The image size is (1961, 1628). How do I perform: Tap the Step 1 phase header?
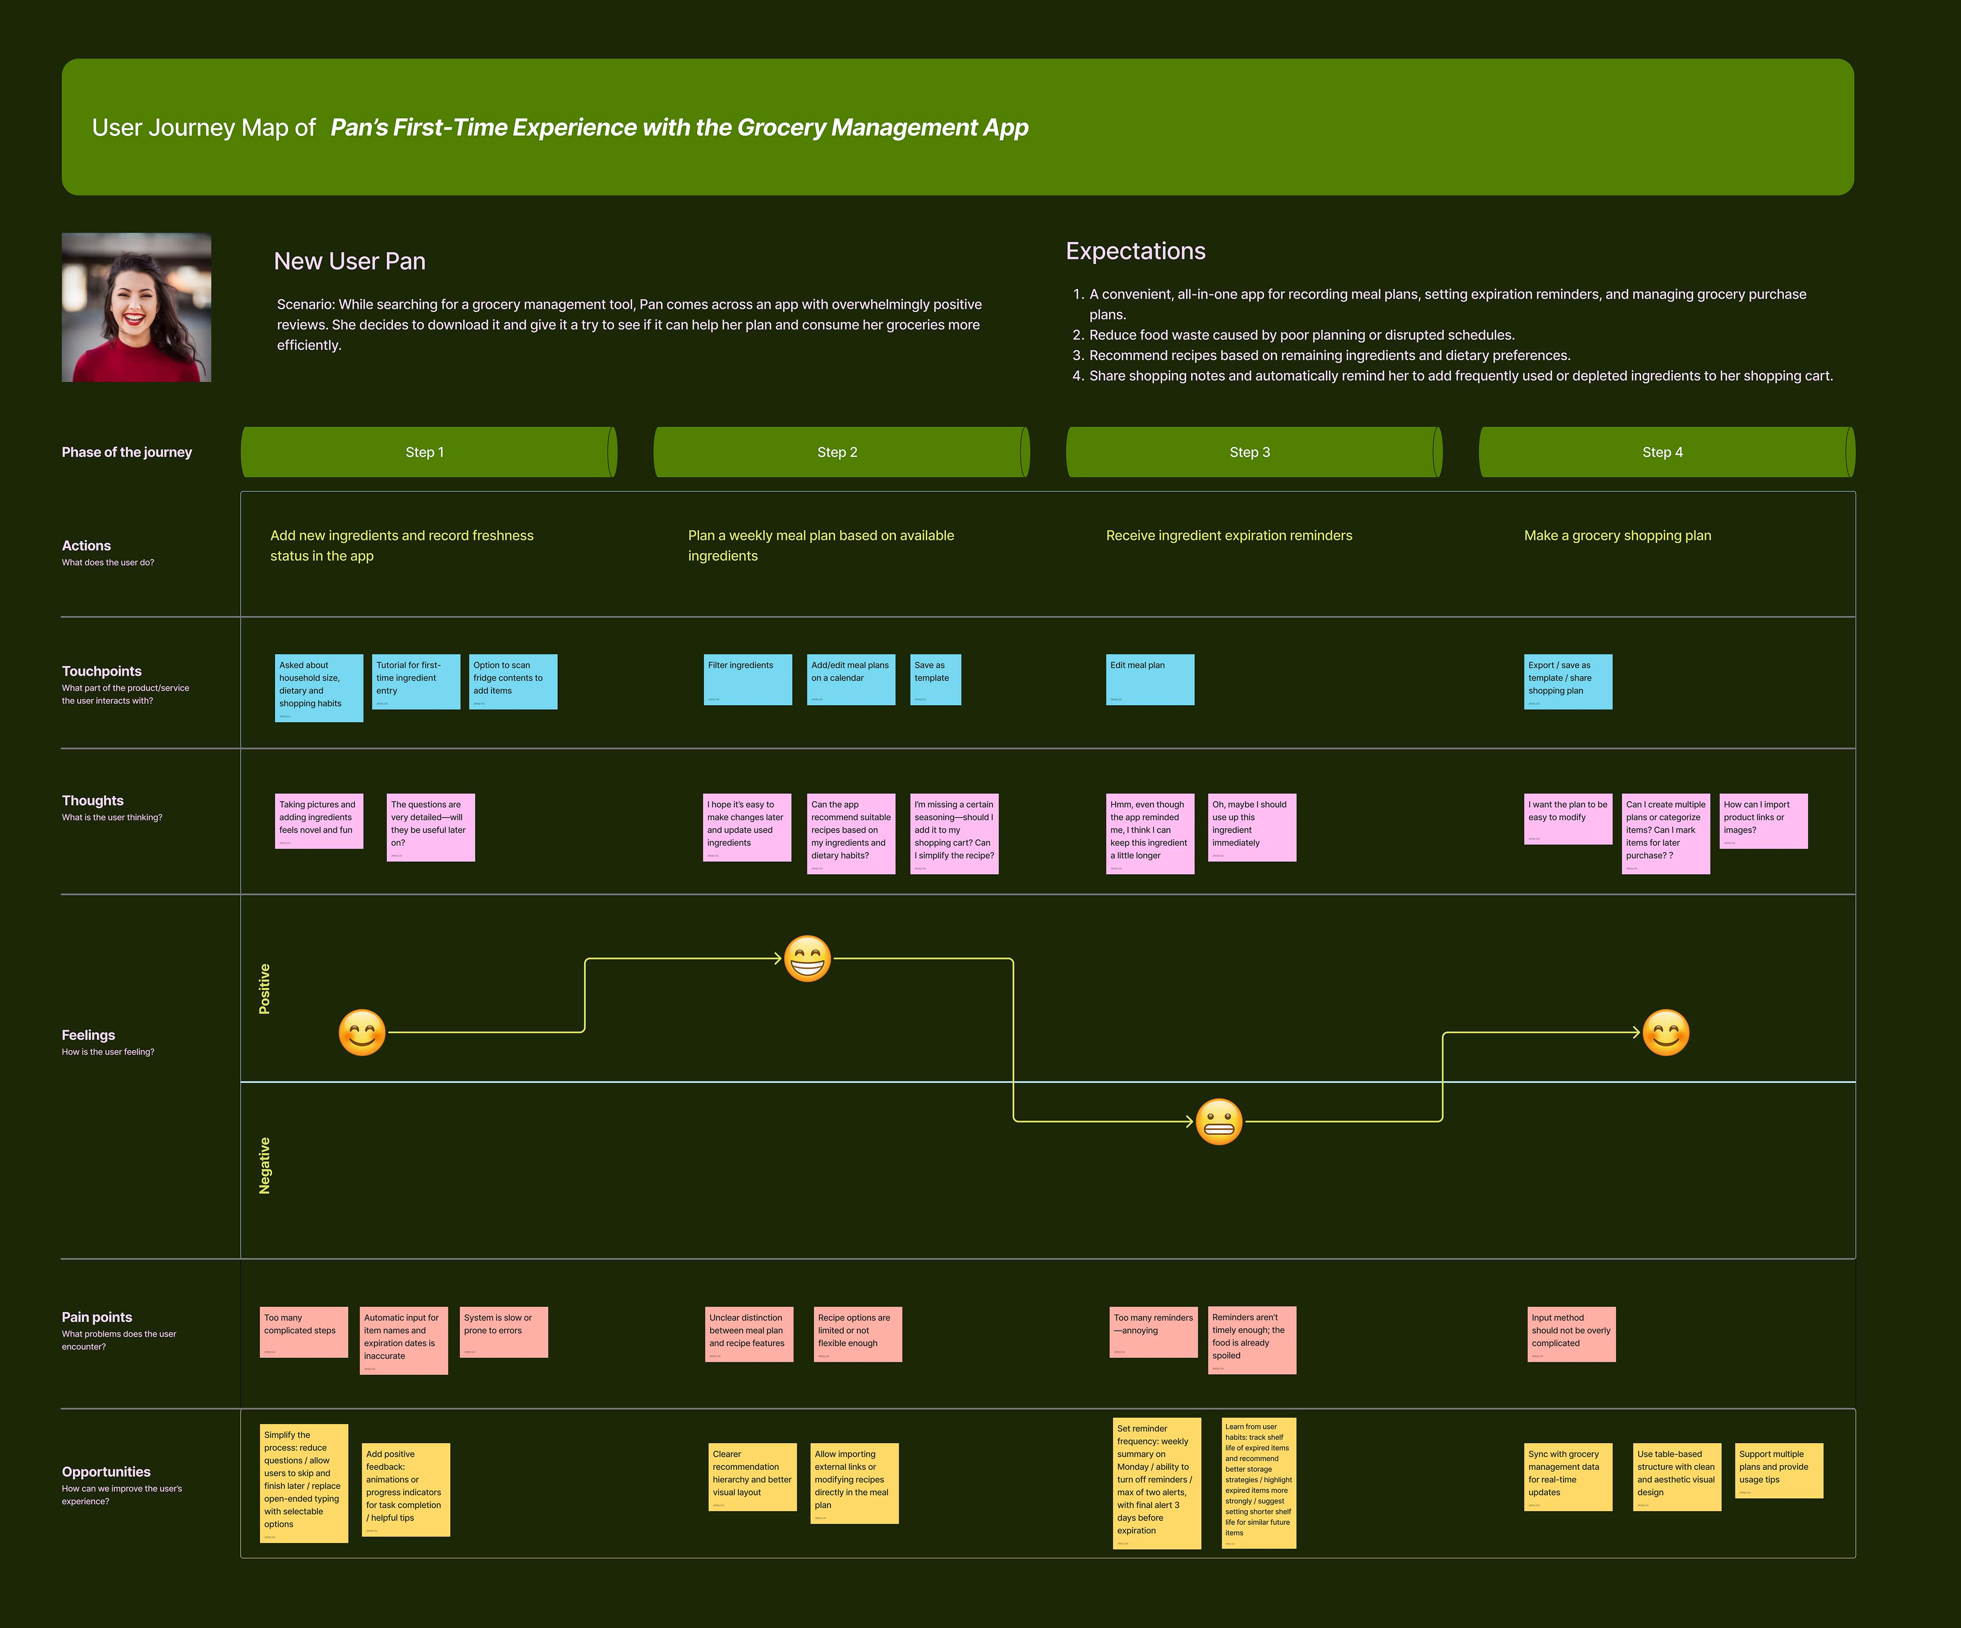point(425,452)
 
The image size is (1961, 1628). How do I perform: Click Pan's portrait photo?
point(136,307)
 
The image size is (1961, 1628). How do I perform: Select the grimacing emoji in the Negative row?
point(1219,1122)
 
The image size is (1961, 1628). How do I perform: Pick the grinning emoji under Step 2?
point(807,958)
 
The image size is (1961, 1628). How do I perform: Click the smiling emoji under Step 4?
point(1666,1033)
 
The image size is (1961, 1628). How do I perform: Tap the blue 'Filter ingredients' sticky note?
point(747,679)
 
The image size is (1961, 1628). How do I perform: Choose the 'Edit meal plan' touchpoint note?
point(1150,679)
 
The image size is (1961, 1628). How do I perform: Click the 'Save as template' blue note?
point(935,679)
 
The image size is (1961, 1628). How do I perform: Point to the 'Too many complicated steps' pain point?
point(303,1332)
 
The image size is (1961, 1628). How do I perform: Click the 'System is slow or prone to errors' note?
point(503,1332)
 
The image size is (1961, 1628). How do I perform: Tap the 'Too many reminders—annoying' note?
point(1153,1332)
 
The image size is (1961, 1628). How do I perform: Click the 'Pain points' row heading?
point(97,1317)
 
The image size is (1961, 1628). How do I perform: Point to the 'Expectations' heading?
point(1136,251)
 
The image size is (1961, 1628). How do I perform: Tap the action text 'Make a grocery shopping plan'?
point(1617,535)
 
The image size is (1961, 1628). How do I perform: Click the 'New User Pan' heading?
point(349,262)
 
